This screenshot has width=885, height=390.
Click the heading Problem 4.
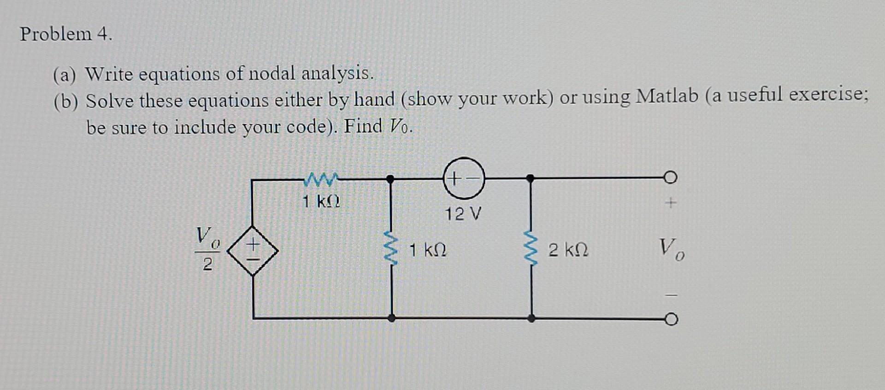pyautogui.click(x=66, y=34)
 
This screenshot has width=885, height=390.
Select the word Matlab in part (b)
pyautogui.click(x=667, y=96)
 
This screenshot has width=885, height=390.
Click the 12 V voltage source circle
pyautogui.click(x=464, y=178)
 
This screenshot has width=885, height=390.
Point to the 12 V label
pyautogui.click(x=463, y=214)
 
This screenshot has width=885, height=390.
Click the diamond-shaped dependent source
pyautogui.click(x=253, y=251)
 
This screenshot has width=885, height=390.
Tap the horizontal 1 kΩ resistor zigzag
pyautogui.click(x=321, y=179)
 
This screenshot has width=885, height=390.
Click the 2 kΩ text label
pyautogui.click(x=568, y=251)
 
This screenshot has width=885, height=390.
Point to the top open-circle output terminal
pyautogui.click(x=671, y=177)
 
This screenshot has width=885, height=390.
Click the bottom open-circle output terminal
pyautogui.click(x=671, y=319)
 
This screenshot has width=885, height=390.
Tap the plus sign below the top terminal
pyautogui.click(x=671, y=203)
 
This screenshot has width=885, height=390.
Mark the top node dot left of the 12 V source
pyautogui.click(x=390, y=178)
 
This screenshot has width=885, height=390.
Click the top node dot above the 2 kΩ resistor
pyautogui.click(x=531, y=177)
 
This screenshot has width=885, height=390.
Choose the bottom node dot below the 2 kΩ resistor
pyautogui.click(x=531, y=318)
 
